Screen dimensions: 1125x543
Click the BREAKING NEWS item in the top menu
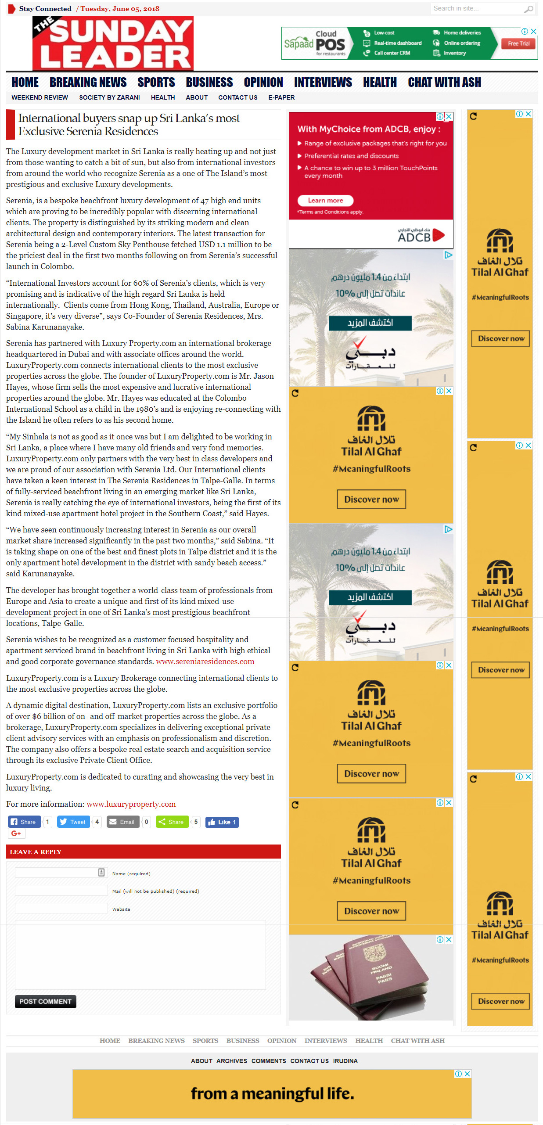pos(88,83)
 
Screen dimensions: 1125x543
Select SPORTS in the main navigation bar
pos(156,83)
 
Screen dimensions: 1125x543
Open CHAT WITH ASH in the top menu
pos(444,83)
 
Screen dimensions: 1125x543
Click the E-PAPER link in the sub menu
pos(281,97)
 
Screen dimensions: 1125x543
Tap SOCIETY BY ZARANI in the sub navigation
pos(109,97)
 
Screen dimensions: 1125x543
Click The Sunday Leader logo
pos(113,43)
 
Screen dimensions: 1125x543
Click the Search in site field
pos(476,8)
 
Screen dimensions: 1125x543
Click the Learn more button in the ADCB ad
pos(325,200)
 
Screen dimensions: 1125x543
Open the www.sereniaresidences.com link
pos(205,661)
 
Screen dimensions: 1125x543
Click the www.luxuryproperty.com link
pos(131,804)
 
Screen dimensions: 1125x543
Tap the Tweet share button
pos(74,822)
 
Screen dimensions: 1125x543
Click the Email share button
pos(123,822)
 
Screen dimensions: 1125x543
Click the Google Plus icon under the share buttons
pos(16,834)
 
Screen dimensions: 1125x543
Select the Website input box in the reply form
pos(61,908)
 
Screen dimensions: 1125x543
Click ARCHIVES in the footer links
pos(231,1061)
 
